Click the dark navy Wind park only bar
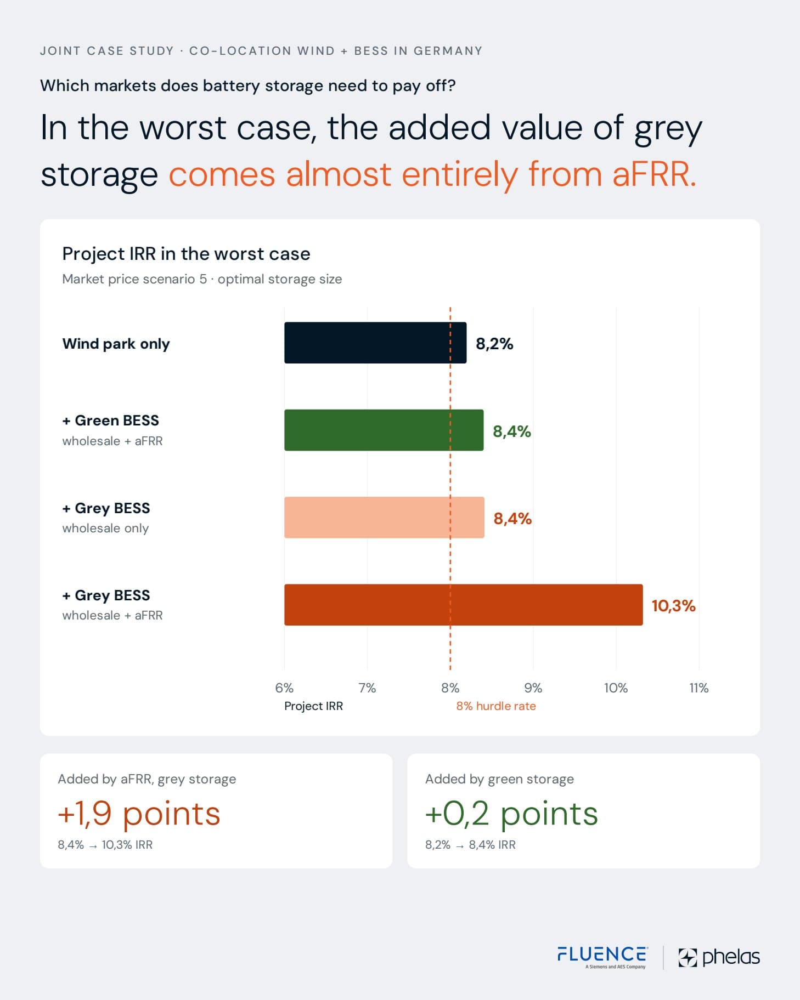375,343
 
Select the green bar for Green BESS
384,430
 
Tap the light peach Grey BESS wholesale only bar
384,518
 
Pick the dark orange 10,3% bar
464,605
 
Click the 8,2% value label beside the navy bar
494,344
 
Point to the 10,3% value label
673,606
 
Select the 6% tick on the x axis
284,688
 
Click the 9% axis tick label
533,688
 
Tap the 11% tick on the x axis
698,688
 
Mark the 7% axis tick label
367,688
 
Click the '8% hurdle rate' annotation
496,706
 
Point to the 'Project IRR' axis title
313,706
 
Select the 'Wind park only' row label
116,344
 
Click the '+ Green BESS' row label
111,421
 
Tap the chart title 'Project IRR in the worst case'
186,254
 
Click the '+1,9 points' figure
139,814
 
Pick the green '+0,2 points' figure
511,814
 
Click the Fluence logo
602,957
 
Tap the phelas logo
719,957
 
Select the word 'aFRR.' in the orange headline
654,174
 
